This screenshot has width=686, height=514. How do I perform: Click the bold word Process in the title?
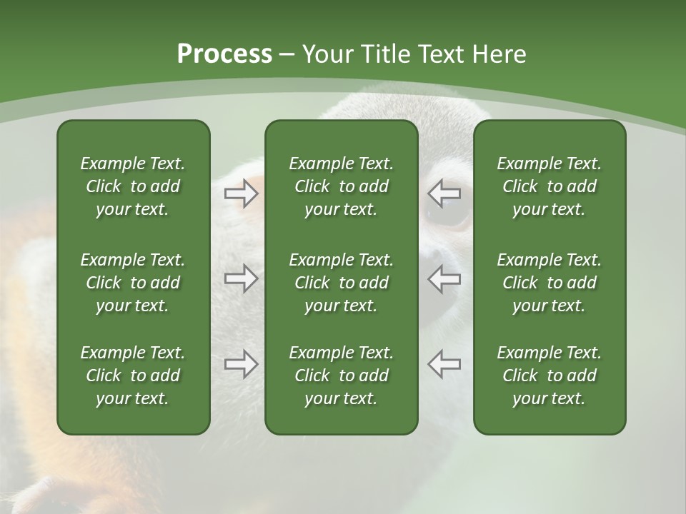pyautogui.click(x=224, y=54)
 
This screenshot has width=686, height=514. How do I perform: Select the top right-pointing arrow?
pyautogui.click(x=241, y=193)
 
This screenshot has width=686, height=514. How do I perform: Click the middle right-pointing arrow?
pyautogui.click(x=241, y=278)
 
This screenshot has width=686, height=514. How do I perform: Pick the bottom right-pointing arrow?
pyautogui.click(x=241, y=364)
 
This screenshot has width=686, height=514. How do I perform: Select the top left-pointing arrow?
pyautogui.click(x=444, y=193)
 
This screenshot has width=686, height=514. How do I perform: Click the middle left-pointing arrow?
pyautogui.click(x=444, y=278)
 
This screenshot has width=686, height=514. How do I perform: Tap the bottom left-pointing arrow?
pyautogui.click(x=444, y=364)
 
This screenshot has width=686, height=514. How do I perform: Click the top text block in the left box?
pyautogui.click(x=133, y=186)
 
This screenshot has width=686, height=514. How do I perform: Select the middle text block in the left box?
pyautogui.click(x=133, y=283)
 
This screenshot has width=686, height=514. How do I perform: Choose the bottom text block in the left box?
pyautogui.click(x=133, y=376)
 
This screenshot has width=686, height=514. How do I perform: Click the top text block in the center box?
pyautogui.click(x=341, y=186)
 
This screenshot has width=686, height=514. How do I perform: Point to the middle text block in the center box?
pyautogui.click(x=341, y=283)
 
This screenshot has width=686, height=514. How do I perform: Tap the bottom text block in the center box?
pyautogui.click(x=341, y=376)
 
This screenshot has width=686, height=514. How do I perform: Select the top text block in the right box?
pyautogui.click(x=549, y=186)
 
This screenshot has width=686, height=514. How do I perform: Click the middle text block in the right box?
pyautogui.click(x=549, y=283)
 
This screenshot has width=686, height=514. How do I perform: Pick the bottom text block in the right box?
pyautogui.click(x=549, y=376)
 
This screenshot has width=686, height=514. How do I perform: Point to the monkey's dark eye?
pyautogui.click(x=444, y=213)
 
